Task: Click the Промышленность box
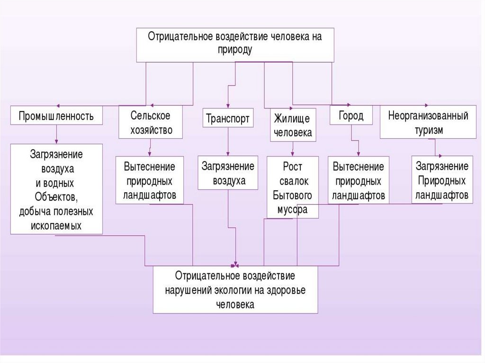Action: coord(56,116)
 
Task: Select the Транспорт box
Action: coord(228,118)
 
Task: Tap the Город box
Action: coord(351,115)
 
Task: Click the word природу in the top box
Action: coord(235,49)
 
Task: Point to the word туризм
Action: coord(428,131)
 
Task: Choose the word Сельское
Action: coord(150,115)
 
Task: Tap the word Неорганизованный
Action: coord(428,115)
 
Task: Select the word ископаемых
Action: coord(56,225)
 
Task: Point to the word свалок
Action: coord(293,181)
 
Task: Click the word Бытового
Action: coord(293,195)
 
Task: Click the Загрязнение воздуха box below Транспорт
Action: coord(228,173)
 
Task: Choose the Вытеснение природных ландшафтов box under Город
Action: coord(358,180)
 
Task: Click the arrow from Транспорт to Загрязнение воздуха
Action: coord(228,142)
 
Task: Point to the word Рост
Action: coord(293,167)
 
